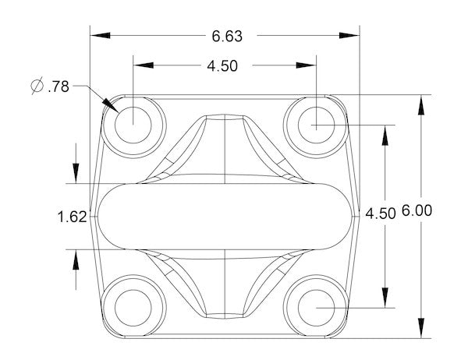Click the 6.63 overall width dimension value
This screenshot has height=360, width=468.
227,37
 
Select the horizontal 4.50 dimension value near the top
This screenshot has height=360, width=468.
222,66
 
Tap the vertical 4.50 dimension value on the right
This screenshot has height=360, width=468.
381,214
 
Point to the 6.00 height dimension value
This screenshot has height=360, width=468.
417,210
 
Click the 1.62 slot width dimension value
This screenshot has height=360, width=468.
72,217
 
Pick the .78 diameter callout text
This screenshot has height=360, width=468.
58,86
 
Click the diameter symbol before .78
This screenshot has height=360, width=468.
37,86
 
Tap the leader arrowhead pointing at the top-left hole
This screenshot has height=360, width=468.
111,105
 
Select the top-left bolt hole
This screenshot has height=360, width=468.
133,125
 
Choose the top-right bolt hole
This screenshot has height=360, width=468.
316,125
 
